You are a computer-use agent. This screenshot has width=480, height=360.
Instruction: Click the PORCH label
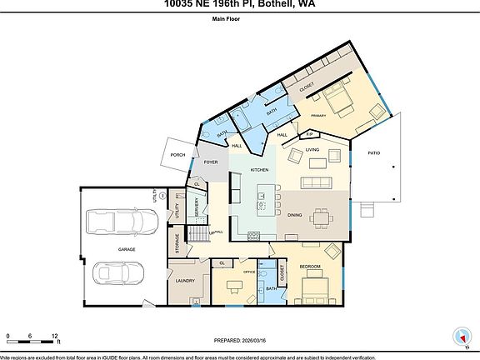tap(177, 155)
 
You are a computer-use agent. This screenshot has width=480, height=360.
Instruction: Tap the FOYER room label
tap(211, 162)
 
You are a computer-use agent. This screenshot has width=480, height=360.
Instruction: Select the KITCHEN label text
tap(260, 170)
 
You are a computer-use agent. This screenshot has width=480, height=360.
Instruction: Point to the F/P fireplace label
tap(308, 133)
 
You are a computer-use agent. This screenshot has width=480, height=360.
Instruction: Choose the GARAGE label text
tap(127, 248)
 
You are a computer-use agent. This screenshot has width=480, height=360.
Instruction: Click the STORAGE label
tap(177, 243)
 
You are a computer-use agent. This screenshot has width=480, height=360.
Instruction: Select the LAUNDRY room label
tap(184, 281)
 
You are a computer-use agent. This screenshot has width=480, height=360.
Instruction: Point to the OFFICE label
tap(247, 272)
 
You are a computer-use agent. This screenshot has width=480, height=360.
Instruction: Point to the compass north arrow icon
tap(460, 337)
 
